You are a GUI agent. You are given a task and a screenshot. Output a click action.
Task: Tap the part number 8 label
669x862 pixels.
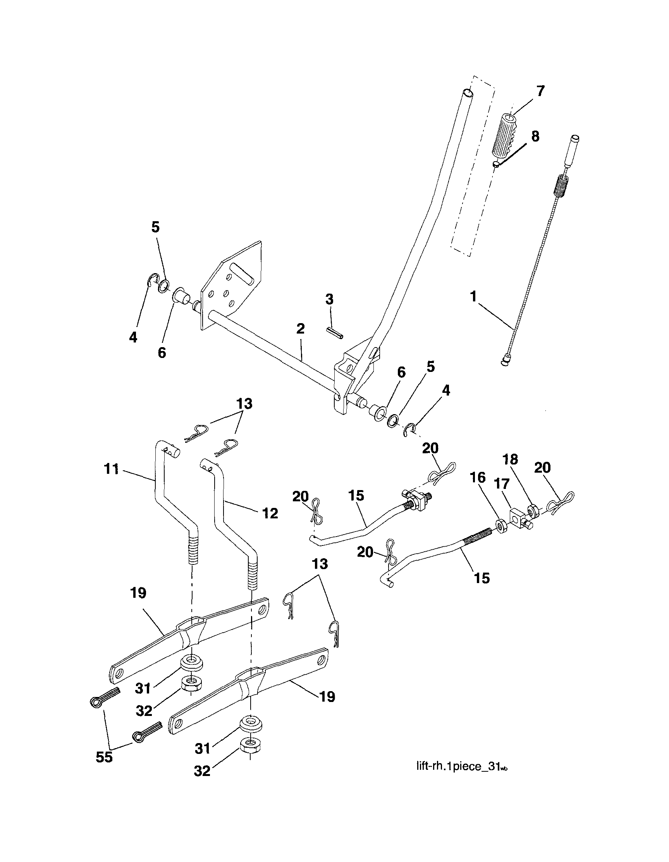pos(535,136)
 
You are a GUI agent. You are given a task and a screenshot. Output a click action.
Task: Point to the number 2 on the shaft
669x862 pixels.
pos(300,329)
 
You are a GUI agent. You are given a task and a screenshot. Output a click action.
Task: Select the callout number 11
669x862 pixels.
pos(112,469)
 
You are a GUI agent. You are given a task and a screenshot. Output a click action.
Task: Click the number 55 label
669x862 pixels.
pos(104,757)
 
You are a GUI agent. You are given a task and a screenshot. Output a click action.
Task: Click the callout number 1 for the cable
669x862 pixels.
pos(473,296)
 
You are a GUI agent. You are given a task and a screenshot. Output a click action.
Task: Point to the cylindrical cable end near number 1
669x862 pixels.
pos(506,360)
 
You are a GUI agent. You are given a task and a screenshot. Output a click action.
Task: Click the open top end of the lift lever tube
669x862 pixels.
pos(468,93)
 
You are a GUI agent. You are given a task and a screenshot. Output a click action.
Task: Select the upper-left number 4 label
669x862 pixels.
pos(133,337)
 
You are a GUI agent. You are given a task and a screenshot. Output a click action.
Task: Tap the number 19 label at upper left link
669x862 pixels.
pos(138,593)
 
